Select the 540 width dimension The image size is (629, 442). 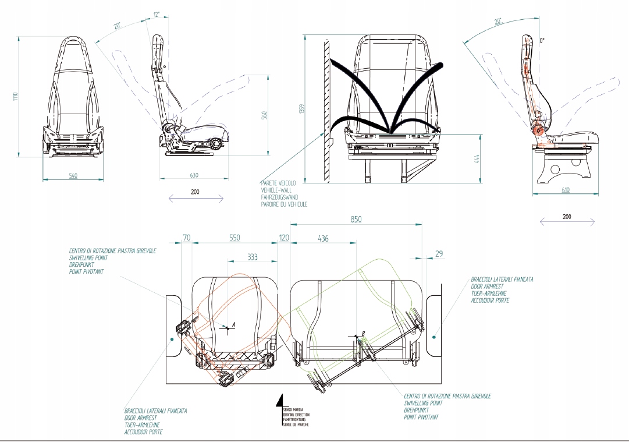pyautogui.click(x=73, y=175)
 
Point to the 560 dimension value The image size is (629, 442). pyautogui.click(x=264, y=116)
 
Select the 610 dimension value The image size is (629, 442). pyautogui.click(x=567, y=190)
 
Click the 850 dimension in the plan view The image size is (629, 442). pyautogui.click(x=356, y=220)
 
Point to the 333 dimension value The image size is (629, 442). pyautogui.click(x=253, y=256)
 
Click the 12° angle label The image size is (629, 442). pyautogui.click(x=155, y=14)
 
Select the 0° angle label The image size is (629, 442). pyautogui.click(x=543, y=41)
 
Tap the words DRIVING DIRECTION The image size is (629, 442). pyautogui.click(x=296, y=415)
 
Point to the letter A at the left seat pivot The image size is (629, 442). pyautogui.click(x=233, y=323)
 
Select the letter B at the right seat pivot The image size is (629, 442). pyautogui.click(x=364, y=334)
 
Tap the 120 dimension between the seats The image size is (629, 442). pyautogui.click(x=284, y=238)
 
